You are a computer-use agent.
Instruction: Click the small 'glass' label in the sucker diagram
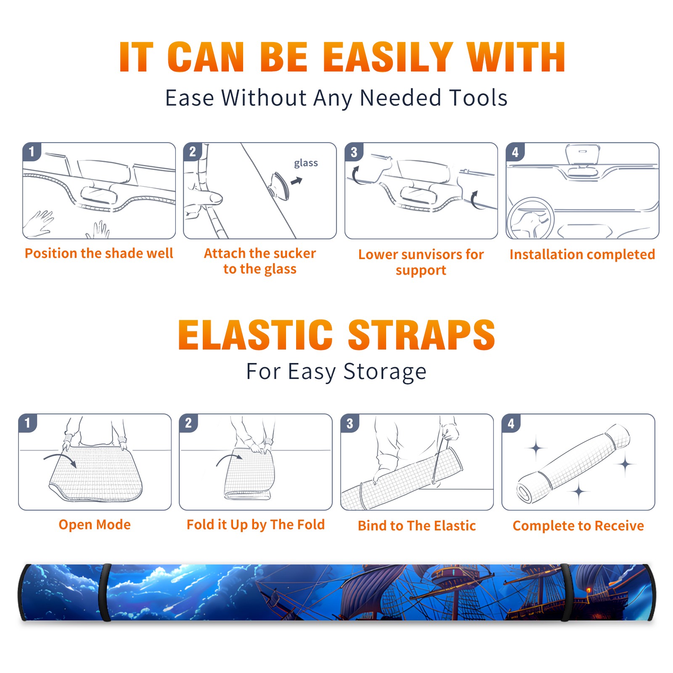point(306,163)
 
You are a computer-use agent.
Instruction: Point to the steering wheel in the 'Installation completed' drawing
point(530,218)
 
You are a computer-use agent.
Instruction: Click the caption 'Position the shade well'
point(99,253)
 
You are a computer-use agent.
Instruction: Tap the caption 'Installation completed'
point(582,254)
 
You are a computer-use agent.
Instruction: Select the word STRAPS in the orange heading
point(421,335)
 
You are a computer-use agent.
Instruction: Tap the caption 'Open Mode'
point(95,525)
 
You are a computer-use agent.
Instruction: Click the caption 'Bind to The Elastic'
point(417,525)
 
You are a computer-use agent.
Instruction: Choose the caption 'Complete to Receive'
point(578,526)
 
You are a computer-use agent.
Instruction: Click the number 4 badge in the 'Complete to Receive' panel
point(511,423)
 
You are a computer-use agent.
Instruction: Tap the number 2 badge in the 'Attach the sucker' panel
point(193,152)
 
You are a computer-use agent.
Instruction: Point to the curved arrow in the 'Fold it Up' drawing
point(229,458)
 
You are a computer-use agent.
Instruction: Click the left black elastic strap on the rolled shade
point(104,592)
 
